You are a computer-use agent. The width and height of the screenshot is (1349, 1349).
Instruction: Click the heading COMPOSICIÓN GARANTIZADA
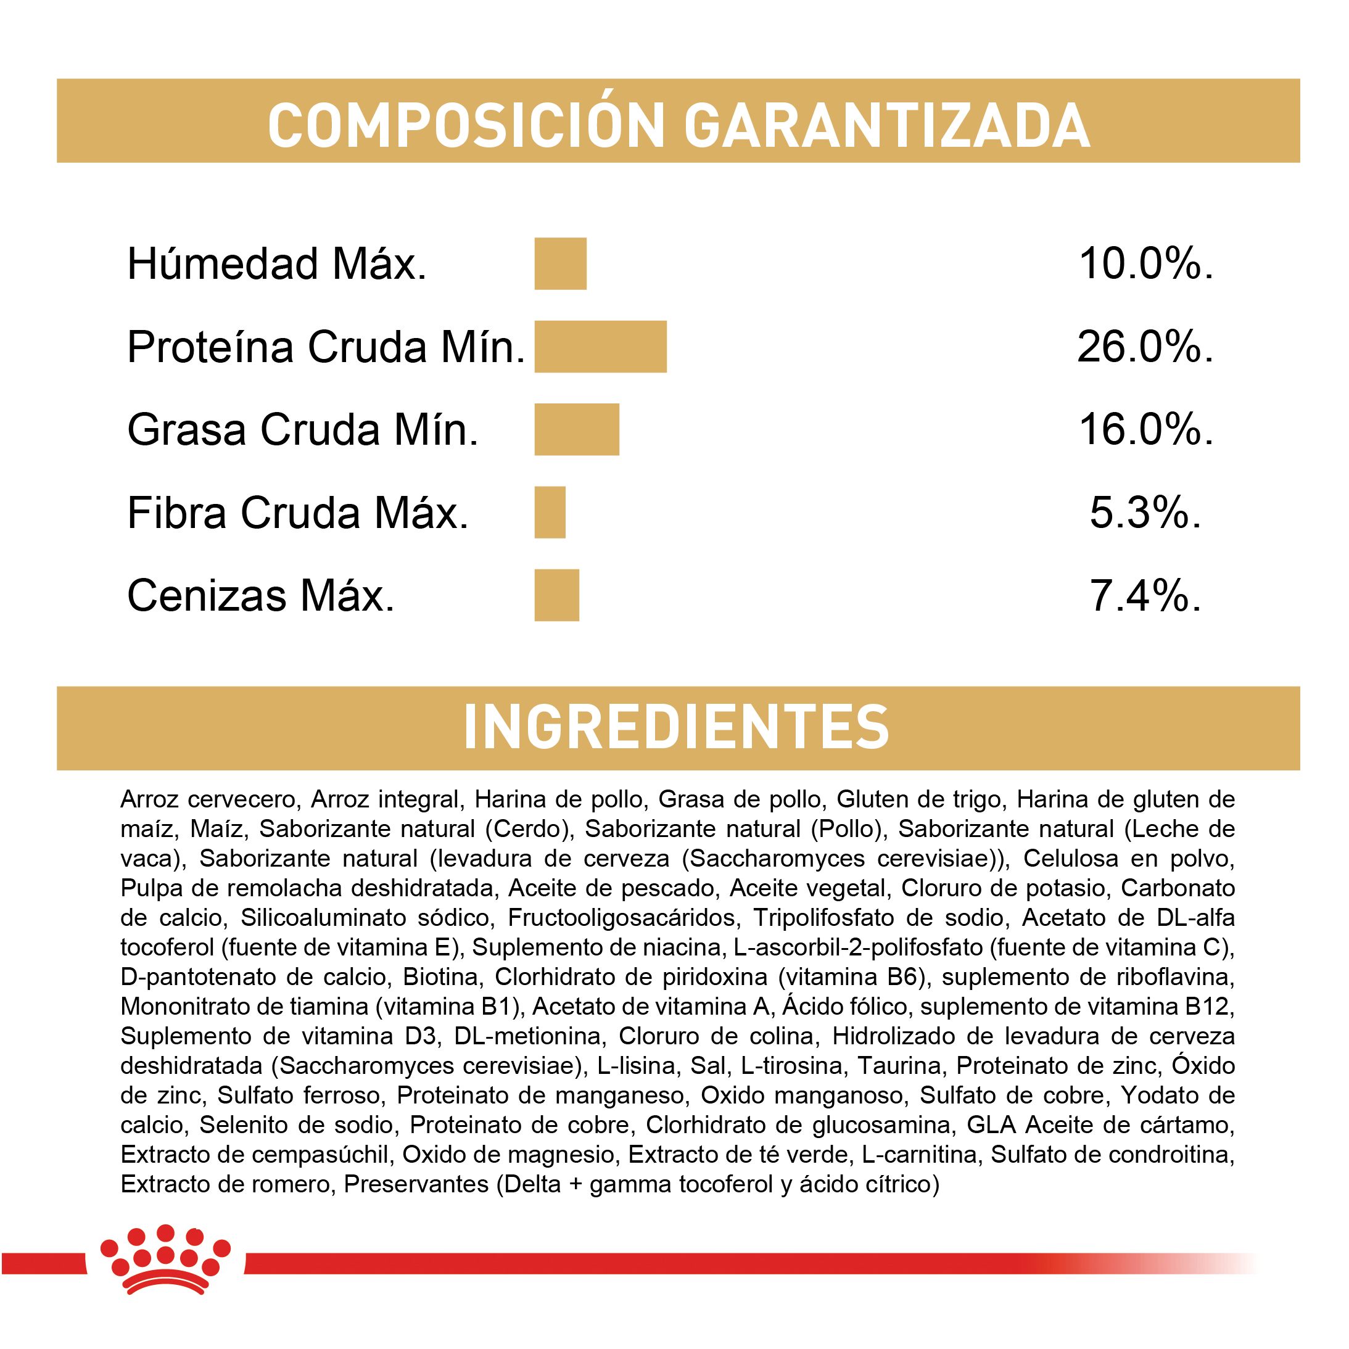click(678, 126)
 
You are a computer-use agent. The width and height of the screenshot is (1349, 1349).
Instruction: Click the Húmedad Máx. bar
click(560, 263)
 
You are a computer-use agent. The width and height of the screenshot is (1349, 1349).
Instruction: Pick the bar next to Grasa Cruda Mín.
click(577, 429)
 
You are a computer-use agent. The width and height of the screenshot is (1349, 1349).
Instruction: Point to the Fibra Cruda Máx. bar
click(550, 513)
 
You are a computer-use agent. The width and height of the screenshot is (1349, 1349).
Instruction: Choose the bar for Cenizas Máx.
click(556, 595)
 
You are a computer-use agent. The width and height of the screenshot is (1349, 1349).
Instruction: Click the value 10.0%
click(1146, 264)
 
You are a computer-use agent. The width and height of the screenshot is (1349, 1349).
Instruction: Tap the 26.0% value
click(1145, 347)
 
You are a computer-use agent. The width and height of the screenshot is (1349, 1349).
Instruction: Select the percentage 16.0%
click(1146, 429)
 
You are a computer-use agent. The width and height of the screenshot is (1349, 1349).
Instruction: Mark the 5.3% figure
click(1145, 513)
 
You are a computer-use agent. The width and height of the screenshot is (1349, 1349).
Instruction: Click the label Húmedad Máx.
click(276, 264)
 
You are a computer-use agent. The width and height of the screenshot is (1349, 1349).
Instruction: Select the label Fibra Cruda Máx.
click(297, 513)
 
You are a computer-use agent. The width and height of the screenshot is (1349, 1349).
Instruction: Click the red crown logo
click(165, 1260)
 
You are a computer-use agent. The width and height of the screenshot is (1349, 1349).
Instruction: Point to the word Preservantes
click(416, 1184)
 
